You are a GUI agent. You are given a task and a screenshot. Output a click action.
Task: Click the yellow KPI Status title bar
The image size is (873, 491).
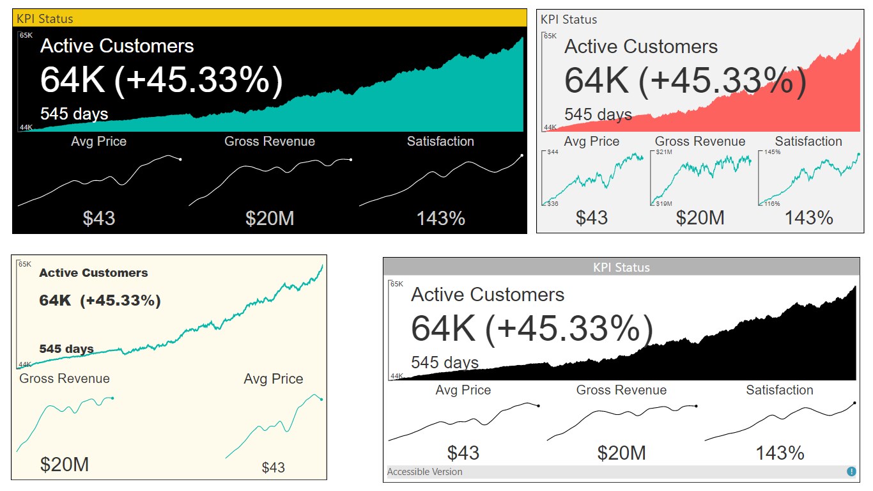tap(268, 19)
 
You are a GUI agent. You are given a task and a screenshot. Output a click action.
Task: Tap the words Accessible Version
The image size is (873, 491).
tap(425, 472)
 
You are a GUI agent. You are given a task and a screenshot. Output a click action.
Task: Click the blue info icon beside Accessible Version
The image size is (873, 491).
tap(851, 472)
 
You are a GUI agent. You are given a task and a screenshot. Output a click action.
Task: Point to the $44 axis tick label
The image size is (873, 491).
tap(553, 152)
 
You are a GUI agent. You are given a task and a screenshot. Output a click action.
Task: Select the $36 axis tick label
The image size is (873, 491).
tap(553, 203)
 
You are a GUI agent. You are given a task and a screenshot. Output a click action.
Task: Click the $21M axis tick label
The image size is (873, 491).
tap(663, 152)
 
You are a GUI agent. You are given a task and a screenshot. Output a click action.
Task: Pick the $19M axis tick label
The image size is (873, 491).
tap(663, 203)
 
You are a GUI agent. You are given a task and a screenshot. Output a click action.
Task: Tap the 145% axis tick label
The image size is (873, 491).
tap(772, 152)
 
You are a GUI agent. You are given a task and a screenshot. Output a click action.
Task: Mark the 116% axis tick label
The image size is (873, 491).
tap(772, 203)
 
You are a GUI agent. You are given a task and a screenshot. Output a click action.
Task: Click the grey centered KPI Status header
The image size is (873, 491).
tap(621, 267)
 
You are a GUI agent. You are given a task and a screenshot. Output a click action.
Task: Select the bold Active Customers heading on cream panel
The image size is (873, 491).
tap(93, 273)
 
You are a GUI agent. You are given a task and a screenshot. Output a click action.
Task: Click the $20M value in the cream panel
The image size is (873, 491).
tap(65, 464)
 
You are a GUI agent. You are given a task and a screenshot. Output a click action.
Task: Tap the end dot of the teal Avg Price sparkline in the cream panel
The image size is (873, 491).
tap(321, 400)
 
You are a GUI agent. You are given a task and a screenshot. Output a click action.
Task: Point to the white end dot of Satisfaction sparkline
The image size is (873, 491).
tap(522, 155)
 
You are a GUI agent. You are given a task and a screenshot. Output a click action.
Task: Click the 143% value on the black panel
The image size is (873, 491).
tap(440, 219)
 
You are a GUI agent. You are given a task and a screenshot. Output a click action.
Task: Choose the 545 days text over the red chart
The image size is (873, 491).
tap(598, 114)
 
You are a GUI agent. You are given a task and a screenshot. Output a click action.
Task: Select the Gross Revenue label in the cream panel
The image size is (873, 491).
tap(65, 378)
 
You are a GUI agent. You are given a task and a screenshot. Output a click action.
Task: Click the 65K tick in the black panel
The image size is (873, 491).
tap(26, 35)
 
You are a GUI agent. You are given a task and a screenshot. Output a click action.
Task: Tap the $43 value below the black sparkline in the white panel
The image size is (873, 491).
tap(463, 453)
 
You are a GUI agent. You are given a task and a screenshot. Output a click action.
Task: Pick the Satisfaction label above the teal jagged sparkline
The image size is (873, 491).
tap(808, 141)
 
